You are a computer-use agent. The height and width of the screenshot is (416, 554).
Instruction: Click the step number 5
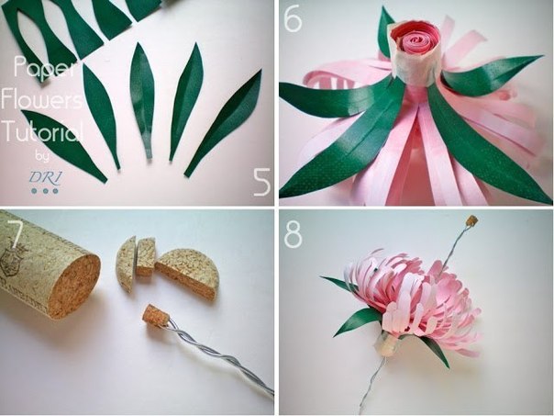261,182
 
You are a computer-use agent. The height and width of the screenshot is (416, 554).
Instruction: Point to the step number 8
294,234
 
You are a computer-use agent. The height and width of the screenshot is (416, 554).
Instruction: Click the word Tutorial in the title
43,130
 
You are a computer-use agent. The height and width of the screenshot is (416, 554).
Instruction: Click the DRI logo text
45,176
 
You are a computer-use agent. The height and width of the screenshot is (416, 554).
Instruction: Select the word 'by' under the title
41,156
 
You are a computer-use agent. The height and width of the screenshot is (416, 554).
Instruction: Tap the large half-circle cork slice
188,273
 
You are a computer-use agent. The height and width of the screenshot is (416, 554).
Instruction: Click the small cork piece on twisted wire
154,314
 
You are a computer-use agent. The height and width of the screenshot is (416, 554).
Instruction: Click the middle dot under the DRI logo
45,191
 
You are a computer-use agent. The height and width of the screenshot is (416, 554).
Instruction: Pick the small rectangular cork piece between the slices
146,256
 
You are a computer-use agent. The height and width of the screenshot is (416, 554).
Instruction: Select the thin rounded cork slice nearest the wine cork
127,264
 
